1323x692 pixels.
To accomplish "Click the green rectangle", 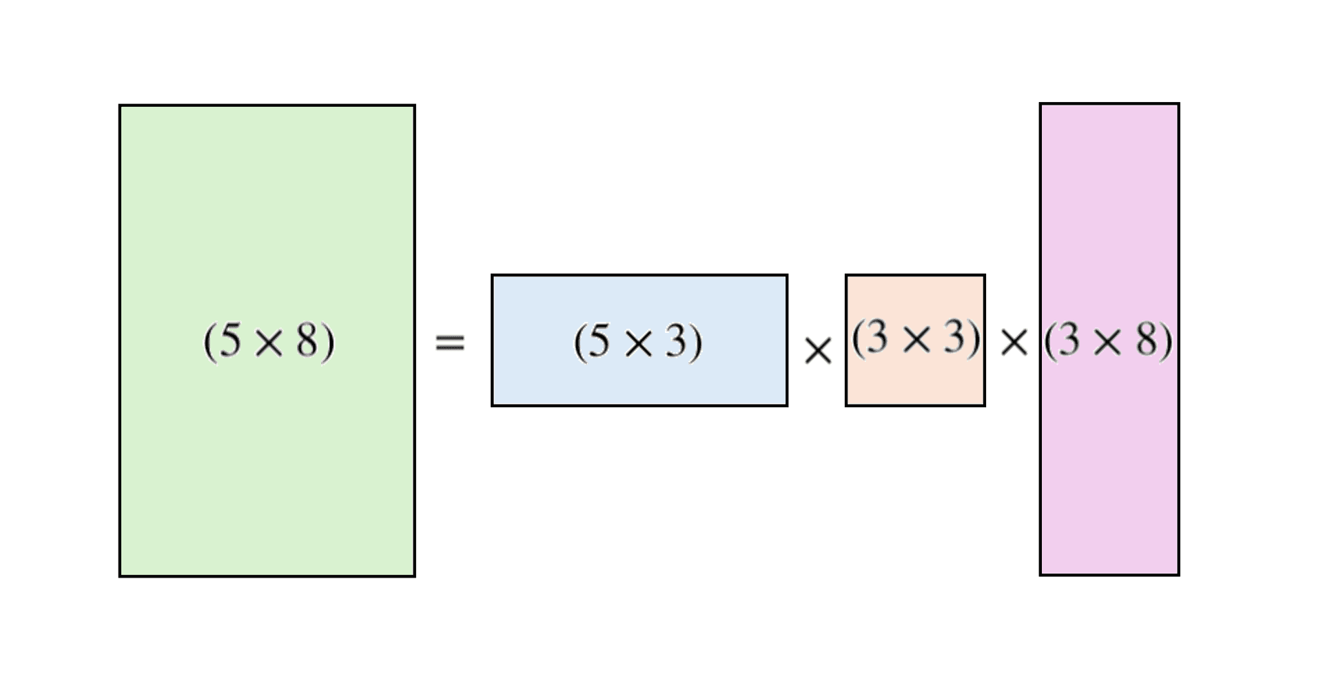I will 267,207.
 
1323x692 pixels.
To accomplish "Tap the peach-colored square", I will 915,383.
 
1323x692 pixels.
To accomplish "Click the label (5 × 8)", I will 269,341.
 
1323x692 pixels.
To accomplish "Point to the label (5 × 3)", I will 638,342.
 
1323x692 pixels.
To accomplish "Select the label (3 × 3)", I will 916,338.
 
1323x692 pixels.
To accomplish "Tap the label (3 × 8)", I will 1108,341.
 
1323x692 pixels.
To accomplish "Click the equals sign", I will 450,343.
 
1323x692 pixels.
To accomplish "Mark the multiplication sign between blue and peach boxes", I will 818,351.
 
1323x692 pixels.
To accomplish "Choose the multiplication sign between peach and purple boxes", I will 1014,342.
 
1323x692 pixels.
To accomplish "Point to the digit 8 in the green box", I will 307,340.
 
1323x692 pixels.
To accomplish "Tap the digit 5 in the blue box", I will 600,340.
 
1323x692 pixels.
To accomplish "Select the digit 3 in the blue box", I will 676,340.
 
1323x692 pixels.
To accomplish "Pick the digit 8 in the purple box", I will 1147,340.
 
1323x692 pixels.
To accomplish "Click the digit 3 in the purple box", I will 1069,340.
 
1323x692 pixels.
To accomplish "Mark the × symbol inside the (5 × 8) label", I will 269,343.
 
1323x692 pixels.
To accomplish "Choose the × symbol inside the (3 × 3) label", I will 916,340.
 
